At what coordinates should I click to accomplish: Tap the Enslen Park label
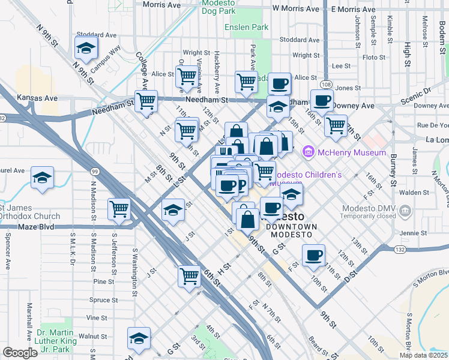[x=247, y=27]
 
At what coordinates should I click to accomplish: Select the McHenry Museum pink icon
[x=309, y=152]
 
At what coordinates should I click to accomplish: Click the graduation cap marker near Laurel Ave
[x=43, y=178]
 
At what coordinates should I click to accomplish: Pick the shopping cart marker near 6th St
[x=190, y=277]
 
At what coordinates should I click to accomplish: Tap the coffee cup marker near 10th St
[x=313, y=256]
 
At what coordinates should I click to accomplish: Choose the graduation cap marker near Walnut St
[x=139, y=339]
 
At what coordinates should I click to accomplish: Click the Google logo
[x=20, y=353]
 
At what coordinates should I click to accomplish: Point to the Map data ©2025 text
[x=423, y=355]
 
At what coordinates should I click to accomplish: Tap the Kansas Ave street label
[x=37, y=97]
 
